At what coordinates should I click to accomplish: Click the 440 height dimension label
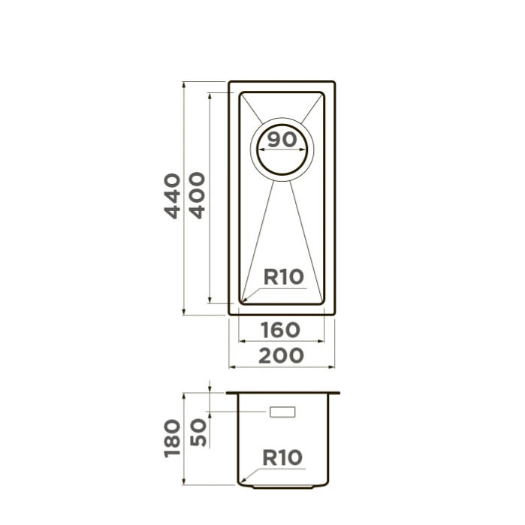173,196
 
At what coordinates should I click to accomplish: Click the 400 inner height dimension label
198,195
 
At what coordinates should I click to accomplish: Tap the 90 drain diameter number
282,140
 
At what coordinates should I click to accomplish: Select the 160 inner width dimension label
281,330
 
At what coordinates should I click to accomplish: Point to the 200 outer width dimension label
281,355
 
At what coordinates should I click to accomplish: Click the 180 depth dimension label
173,439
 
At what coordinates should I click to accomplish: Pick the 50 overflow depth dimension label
198,433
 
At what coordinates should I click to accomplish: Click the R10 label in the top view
284,277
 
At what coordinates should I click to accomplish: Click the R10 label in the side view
282,457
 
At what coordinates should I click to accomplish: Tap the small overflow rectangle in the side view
282,412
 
